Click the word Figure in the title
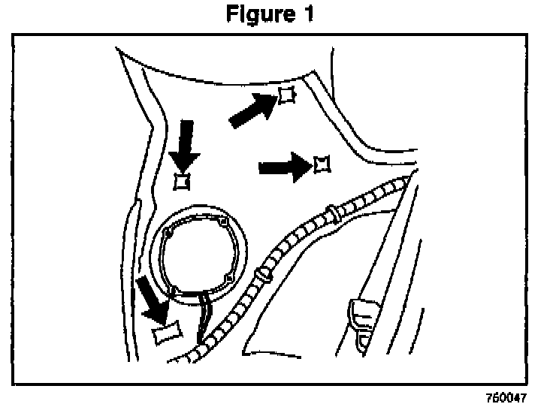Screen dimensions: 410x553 259,14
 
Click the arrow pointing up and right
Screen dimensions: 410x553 251,110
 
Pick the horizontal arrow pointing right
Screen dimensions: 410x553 284,167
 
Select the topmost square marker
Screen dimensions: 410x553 286,95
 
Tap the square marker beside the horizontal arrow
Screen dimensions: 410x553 322,164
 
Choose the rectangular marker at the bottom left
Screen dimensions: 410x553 166,333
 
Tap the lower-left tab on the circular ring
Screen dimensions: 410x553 173,289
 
